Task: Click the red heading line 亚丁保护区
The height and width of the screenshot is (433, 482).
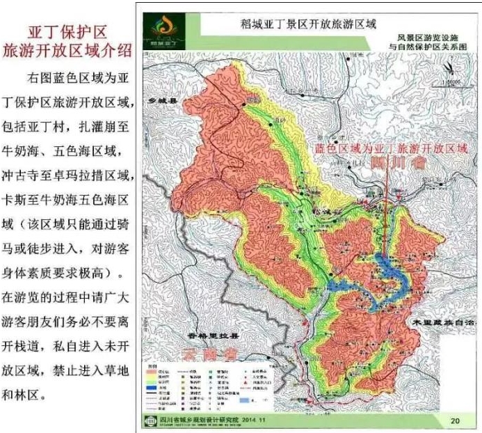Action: coord(67,33)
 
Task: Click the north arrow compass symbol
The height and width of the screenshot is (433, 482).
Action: coord(445,68)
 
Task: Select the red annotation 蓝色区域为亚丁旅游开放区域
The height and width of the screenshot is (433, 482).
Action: coord(388,149)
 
